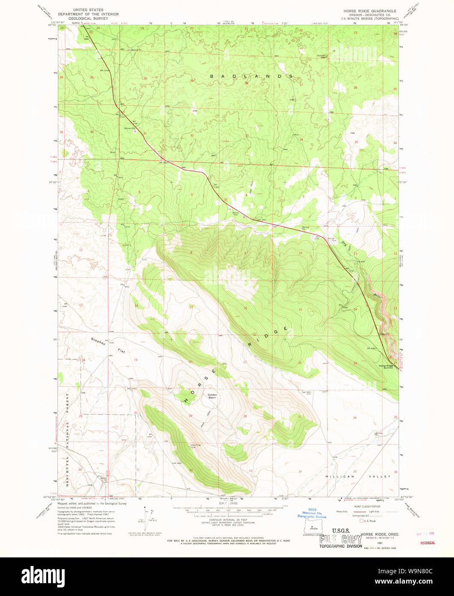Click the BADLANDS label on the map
pos(251,76)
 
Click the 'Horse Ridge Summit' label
pos(388,367)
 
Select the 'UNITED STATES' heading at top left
pos(89,9)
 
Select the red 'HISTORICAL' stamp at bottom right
pos(427,543)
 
